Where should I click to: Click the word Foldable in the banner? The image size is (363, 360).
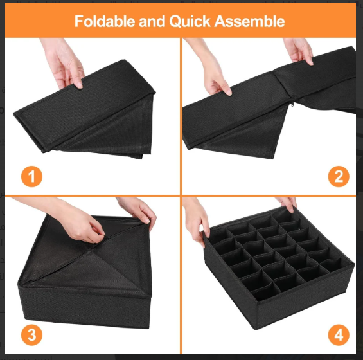pyautogui.click(x=105, y=21)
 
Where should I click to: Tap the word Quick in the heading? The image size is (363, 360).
pyautogui.click(x=190, y=21)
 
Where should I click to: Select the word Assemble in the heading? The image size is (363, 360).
pyautogui.click(x=249, y=21)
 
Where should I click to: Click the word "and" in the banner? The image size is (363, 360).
pyautogui.click(x=152, y=21)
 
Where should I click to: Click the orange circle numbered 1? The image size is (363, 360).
pyautogui.click(x=31, y=176)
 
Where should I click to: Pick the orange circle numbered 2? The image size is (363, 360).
pyautogui.click(x=339, y=176)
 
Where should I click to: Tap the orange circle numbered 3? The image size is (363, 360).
pyautogui.click(x=31, y=335)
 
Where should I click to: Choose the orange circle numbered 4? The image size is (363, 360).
pyautogui.click(x=339, y=335)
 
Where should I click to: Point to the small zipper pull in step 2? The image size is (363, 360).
pyautogui.click(x=292, y=104)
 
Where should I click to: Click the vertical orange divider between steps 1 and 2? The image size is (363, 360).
pyautogui.click(x=181, y=116)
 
